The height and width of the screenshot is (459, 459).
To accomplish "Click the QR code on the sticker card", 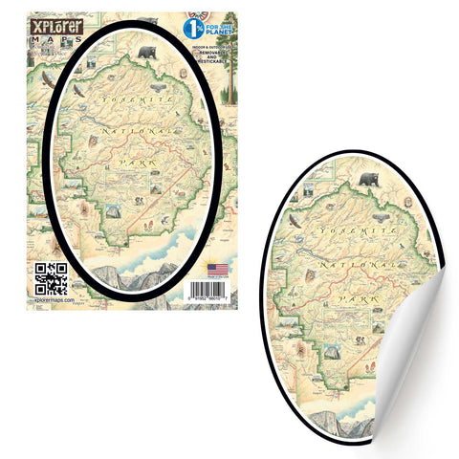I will click(x=51, y=275).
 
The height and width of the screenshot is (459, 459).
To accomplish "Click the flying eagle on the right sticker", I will click(x=295, y=221).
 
